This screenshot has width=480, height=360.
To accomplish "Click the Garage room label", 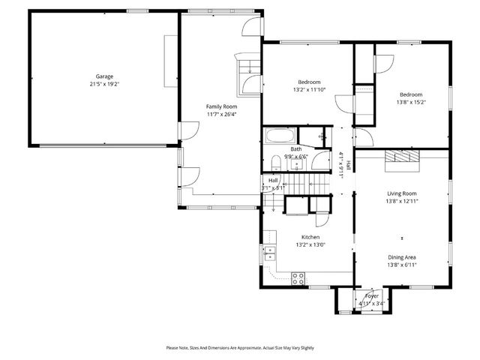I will point(103,76).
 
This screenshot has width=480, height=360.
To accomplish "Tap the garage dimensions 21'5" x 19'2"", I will point(103,84).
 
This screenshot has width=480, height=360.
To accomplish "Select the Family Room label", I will point(221,106).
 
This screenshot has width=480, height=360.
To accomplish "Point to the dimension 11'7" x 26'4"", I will point(221,115).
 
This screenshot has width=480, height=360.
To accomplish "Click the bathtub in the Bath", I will point(281,137).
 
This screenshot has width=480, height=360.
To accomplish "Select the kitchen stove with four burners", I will point(298,278).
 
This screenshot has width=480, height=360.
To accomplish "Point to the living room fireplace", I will point(403,157).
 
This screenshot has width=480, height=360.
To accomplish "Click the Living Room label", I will point(401,193).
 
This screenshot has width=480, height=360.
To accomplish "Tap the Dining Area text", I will point(401,256).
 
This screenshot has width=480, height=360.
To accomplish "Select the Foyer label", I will point(372,296).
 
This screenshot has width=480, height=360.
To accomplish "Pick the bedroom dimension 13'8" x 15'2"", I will point(411,102).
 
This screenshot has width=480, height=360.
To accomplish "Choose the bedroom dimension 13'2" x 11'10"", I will point(309,90).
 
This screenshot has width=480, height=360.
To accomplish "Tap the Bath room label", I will point(296,149).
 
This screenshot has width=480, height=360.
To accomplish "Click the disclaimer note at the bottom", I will point(240,348).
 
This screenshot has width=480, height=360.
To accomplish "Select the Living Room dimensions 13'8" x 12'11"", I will point(401,201).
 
